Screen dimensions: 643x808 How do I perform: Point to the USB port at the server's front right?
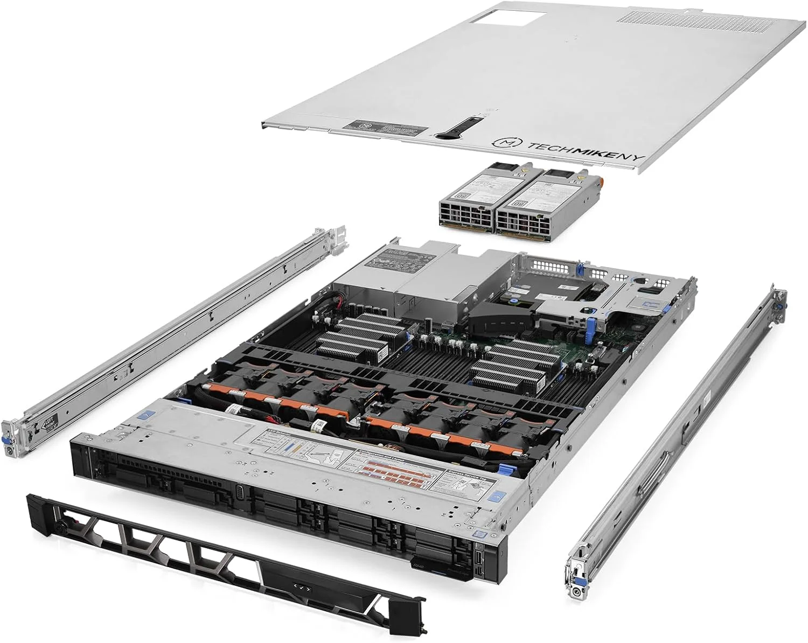pyautogui.click(x=478, y=549)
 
